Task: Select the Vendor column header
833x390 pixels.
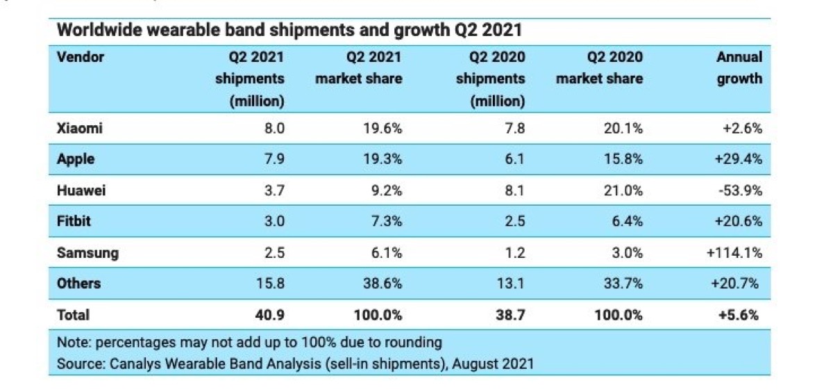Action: pyautogui.click(x=80, y=57)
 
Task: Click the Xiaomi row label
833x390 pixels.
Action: pyautogui.click(x=80, y=128)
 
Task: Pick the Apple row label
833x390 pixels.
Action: pyautogui.click(x=76, y=159)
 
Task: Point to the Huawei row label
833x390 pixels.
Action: pyautogui.click(x=81, y=190)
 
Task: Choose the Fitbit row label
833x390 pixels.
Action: pyautogui.click(x=75, y=221)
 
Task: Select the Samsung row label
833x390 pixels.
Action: pyautogui.click(x=87, y=252)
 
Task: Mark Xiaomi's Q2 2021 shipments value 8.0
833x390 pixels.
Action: pyautogui.click(x=274, y=128)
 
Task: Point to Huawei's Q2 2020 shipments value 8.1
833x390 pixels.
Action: pyautogui.click(x=514, y=190)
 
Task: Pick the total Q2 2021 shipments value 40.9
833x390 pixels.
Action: pyautogui.click(x=271, y=315)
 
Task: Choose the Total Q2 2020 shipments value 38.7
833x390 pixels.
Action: pyautogui.click(x=511, y=315)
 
